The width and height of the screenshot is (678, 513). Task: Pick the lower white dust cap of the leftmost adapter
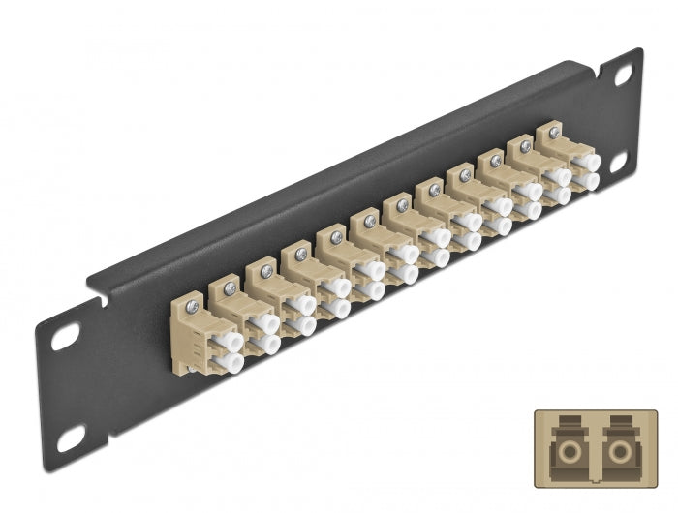coord(230,362)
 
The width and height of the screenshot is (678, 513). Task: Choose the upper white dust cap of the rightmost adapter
coord(587,163)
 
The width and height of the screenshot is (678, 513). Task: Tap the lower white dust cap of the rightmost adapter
coord(588,181)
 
